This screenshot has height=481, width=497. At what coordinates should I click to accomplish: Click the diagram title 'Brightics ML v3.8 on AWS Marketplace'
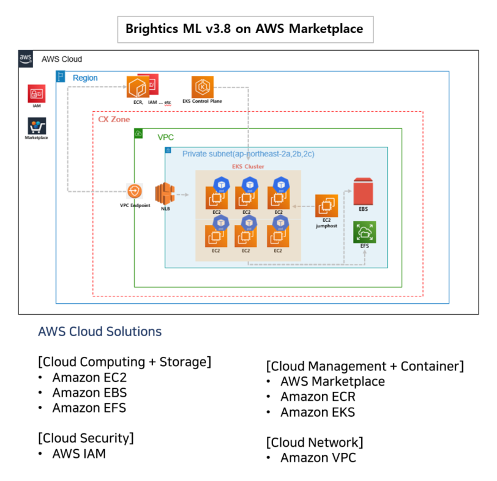(x=244, y=29)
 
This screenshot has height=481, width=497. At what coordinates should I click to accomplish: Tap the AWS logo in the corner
(x=26, y=59)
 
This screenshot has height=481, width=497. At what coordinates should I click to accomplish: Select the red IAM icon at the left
(x=36, y=94)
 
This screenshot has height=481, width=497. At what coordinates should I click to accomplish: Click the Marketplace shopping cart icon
(x=37, y=127)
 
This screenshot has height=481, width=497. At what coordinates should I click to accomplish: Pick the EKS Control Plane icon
(x=202, y=86)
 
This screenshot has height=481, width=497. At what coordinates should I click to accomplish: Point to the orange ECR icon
(x=138, y=87)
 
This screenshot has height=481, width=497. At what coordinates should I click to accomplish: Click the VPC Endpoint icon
(x=135, y=192)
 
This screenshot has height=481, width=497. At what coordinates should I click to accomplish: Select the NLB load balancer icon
(x=165, y=194)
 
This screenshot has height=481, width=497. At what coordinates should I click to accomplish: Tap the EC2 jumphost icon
(x=326, y=205)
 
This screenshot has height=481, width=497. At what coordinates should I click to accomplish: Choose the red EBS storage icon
(x=364, y=191)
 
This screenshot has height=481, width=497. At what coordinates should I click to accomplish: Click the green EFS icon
(x=364, y=232)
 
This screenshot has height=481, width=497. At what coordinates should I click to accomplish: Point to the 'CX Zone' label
(x=114, y=119)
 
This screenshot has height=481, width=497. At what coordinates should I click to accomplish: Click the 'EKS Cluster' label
(x=248, y=166)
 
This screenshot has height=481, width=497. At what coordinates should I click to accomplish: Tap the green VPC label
(x=165, y=138)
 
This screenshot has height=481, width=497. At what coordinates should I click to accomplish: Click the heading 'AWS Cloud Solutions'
(x=100, y=332)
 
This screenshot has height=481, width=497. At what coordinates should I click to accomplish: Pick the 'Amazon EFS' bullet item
(x=89, y=408)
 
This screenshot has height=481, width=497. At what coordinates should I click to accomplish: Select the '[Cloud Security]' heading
(x=86, y=438)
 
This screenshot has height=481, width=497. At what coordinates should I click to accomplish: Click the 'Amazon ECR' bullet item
(x=318, y=397)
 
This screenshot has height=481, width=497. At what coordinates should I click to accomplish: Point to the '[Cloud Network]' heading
(x=315, y=442)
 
